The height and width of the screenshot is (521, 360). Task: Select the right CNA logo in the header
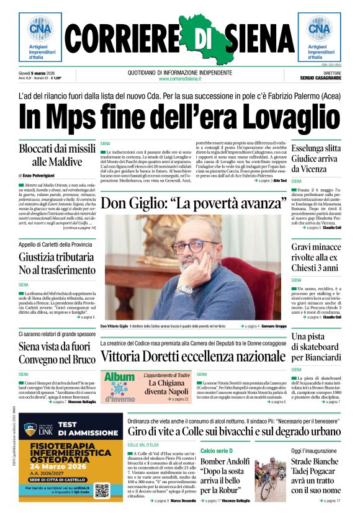319,29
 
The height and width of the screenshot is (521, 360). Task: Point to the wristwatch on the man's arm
186,289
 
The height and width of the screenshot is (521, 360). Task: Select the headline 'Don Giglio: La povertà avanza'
189,203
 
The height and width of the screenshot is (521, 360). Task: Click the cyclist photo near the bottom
271,478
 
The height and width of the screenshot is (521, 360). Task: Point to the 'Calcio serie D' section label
216,450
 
